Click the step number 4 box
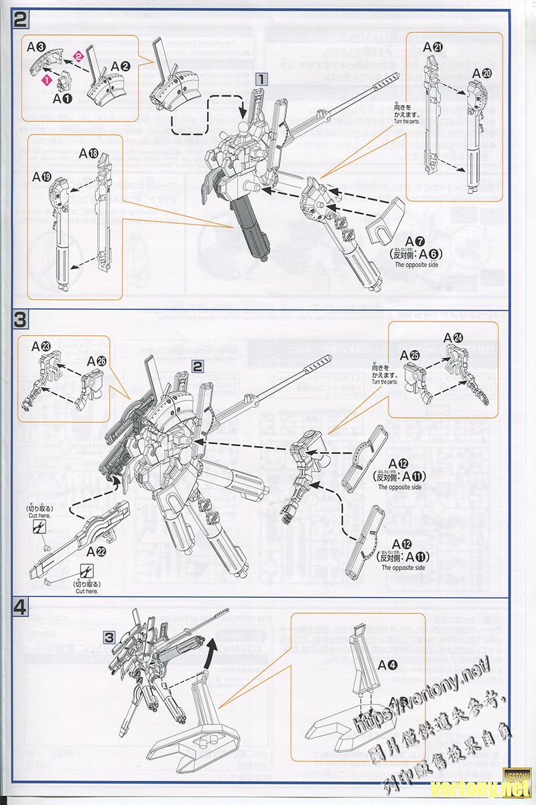point(20,608)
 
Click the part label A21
point(433,46)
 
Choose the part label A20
point(482,73)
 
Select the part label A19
point(42,177)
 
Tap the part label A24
point(462,337)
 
